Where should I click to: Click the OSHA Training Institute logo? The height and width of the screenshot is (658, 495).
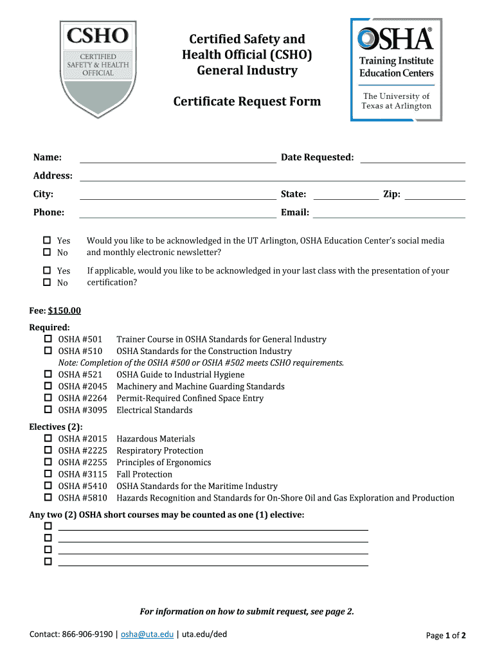click(396, 69)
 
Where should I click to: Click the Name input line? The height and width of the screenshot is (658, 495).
click(177, 159)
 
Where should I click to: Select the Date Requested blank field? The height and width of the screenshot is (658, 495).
click(412, 159)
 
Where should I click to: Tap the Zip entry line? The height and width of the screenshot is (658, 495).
click(435, 195)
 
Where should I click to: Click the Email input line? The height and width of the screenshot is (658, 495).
click(389, 213)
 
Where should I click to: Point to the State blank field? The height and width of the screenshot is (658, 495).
click(346, 195)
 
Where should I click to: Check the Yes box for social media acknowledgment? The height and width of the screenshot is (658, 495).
click(47, 240)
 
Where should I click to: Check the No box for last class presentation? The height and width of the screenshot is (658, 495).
click(47, 283)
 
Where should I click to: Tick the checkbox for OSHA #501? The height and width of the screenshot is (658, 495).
click(48, 339)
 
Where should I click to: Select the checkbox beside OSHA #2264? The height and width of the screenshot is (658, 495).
click(48, 398)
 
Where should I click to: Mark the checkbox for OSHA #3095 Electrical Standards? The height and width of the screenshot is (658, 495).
click(48, 409)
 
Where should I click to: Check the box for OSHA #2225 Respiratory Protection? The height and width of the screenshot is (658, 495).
click(48, 450)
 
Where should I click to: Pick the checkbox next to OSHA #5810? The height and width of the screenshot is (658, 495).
click(48, 497)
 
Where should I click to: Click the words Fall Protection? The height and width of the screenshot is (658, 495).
click(144, 474)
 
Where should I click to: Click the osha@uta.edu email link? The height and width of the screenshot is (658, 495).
click(147, 635)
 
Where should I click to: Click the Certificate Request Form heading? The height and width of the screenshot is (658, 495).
click(247, 102)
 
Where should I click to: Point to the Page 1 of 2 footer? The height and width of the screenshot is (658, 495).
click(446, 636)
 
